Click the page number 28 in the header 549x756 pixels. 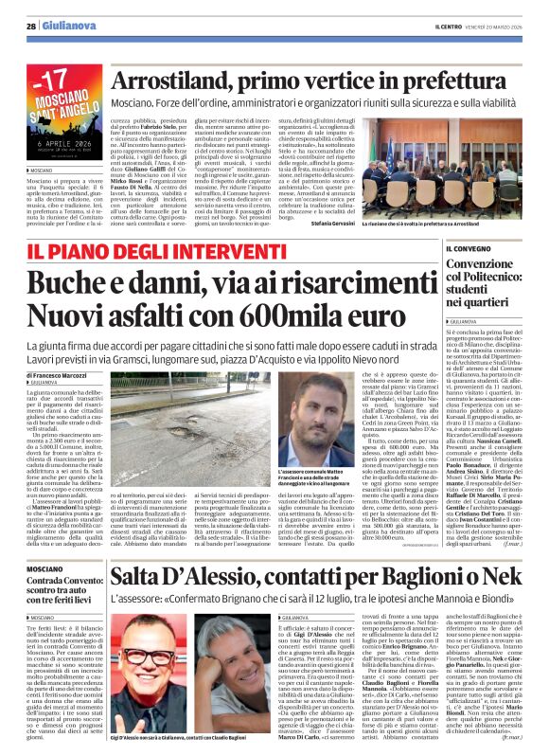pos(31,27)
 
